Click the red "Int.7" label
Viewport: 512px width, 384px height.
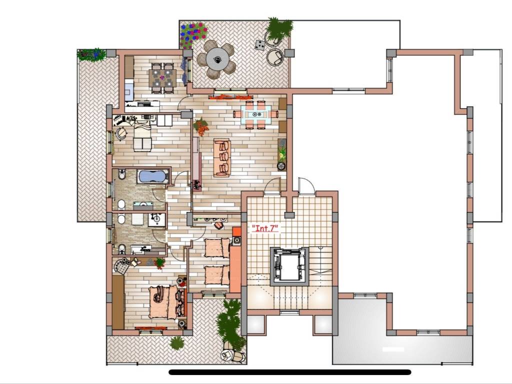click(x=265, y=227)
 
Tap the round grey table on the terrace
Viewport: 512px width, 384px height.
click(x=217, y=59)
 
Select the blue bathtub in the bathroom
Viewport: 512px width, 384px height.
click(x=153, y=176)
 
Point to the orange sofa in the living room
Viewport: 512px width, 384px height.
click(x=222, y=157)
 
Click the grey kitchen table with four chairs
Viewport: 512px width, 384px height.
click(x=162, y=78)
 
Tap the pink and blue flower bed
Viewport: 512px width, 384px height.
click(x=193, y=34)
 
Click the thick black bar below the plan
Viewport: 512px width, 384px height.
click(x=289, y=372)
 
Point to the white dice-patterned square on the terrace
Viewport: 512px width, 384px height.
click(x=259, y=45)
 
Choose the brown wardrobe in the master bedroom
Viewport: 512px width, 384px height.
click(x=118, y=302)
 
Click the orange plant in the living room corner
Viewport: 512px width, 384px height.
click(x=201, y=126)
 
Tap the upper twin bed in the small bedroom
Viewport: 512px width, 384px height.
click(x=217, y=248)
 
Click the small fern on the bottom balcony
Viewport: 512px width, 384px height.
click(x=176, y=342)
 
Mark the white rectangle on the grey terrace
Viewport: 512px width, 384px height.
click(x=393, y=349)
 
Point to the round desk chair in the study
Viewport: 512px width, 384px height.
click(x=121, y=133)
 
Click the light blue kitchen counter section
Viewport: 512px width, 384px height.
click(x=129, y=90)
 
